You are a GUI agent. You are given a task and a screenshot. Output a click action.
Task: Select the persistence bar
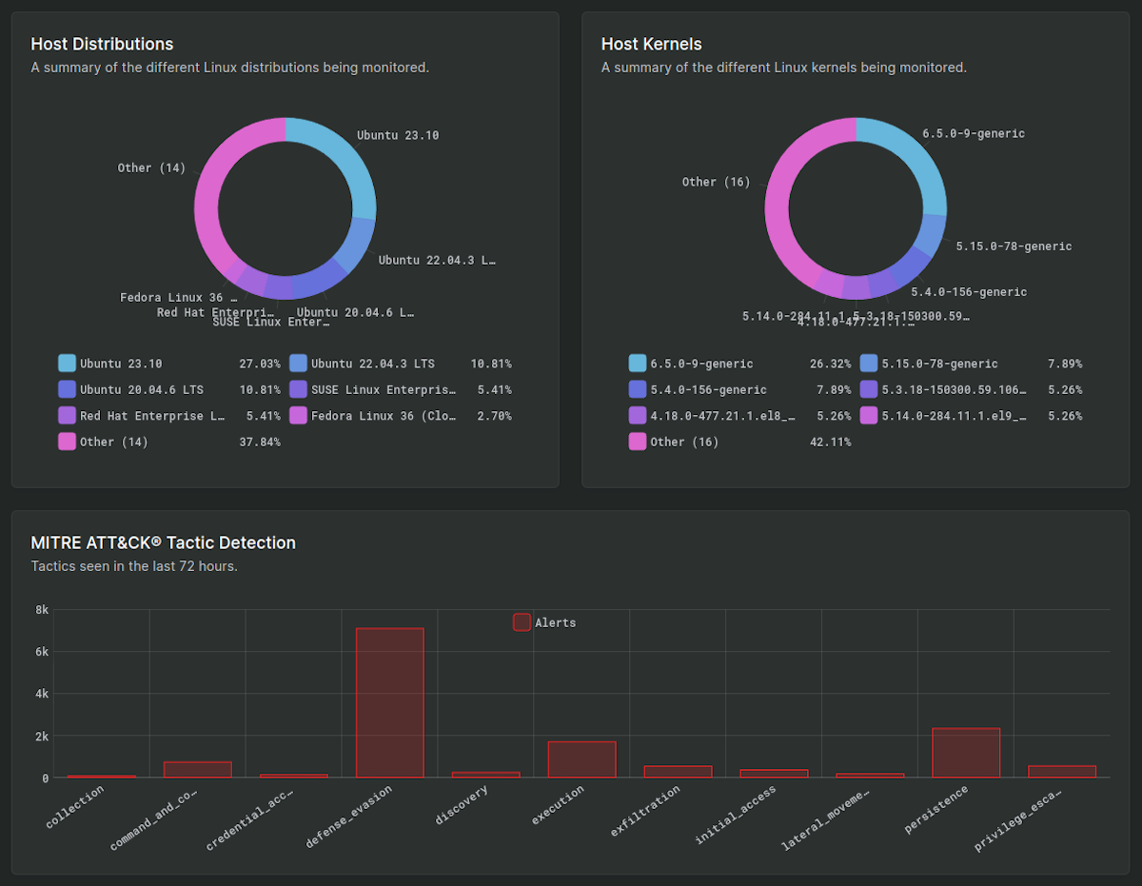[966, 753]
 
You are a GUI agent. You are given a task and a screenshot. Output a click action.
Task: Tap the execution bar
[581, 759]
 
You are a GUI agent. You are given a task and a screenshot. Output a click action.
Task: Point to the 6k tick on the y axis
[42, 652]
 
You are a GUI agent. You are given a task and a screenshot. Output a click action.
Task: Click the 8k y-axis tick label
[42, 610]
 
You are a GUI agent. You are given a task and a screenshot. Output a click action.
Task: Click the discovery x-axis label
[463, 805]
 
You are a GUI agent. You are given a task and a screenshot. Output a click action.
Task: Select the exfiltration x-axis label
[646, 811]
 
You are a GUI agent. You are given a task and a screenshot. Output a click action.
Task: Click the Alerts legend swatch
[522, 622]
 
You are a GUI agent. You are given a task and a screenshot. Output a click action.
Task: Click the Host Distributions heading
[102, 44]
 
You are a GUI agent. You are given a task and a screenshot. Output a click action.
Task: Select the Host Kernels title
[651, 44]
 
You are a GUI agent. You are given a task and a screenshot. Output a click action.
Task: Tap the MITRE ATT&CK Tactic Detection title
[163, 542]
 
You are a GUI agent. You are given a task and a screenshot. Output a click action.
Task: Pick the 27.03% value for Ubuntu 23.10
[259, 364]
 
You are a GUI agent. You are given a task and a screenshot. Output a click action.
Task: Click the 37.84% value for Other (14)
[259, 442]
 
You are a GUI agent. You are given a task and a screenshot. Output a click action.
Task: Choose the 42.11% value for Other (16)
[830, 442]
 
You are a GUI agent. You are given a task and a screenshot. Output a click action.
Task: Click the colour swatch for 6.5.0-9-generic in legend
[637, 364]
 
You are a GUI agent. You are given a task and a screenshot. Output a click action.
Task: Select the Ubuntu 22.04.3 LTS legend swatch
[298, 364]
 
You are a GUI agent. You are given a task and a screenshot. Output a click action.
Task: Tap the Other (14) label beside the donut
[151, 167]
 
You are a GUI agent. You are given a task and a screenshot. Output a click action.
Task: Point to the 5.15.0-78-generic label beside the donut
[1014, 246]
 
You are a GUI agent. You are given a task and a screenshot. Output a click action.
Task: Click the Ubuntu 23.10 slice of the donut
[344, 157]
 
